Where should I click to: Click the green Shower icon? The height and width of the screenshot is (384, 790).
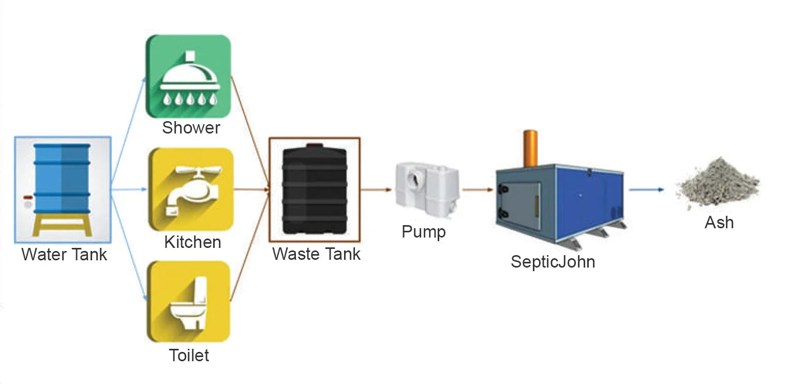click(188, 77)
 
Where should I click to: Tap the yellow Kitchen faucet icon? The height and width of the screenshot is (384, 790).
click(190, 189)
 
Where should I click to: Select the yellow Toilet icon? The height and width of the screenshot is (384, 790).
click(189, 302)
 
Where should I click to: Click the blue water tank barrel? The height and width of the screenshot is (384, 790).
click(62, 179)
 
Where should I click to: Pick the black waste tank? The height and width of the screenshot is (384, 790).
click(314, 189)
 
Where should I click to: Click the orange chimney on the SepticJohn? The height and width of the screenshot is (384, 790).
click(530, 149)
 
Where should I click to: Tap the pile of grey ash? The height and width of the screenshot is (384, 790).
click(718, 183)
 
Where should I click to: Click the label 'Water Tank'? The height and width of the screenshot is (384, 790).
click(64, 255)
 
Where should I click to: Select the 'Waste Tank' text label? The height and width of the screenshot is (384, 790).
click(316, 254)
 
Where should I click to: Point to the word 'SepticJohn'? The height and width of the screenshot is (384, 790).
click(553, 261)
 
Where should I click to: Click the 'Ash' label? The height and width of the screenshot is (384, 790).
click(719, 223)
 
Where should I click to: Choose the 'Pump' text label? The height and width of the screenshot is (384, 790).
click(423, 232)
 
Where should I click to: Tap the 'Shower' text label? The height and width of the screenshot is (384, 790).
click(191, 128)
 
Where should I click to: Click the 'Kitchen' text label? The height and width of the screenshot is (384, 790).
click(192, 242)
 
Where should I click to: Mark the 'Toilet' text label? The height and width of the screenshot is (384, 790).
click(189, 356)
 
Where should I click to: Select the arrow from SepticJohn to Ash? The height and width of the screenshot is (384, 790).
click(646, 190)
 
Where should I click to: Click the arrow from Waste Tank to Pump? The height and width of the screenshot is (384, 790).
click(376, 190)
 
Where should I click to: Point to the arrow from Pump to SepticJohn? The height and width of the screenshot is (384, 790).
click(478, 190)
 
